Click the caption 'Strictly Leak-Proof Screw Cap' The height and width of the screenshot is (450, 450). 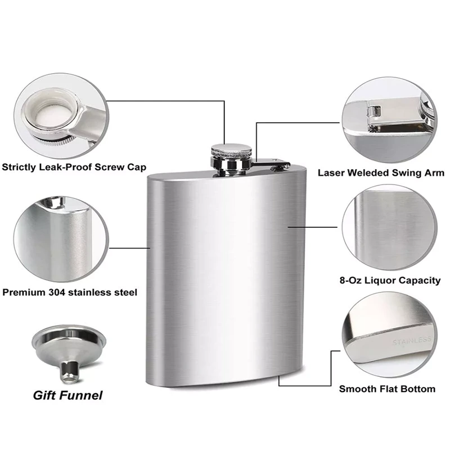(74, 167)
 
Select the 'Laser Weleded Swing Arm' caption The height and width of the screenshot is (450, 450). (381, 173)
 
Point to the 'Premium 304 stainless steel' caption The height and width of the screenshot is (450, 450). (70, 292)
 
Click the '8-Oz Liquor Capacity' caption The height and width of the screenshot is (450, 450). (390, 280)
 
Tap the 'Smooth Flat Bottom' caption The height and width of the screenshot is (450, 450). (387, 389)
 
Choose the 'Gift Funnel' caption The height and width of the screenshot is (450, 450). (67, 395)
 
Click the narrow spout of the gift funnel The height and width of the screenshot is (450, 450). (69, 372)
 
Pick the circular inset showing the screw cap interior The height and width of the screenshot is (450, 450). (61, 116)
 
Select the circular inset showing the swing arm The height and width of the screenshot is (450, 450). (389, 120)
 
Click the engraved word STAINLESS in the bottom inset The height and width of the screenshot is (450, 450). (412, 341)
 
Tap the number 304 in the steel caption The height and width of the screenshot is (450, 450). (58, 292)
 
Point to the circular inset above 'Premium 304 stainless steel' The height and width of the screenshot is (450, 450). (61, 238)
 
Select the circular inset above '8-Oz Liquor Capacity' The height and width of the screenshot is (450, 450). (389, 227)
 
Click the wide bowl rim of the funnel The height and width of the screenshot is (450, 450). (69, 339)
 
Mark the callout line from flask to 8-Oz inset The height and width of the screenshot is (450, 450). (313, 227)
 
